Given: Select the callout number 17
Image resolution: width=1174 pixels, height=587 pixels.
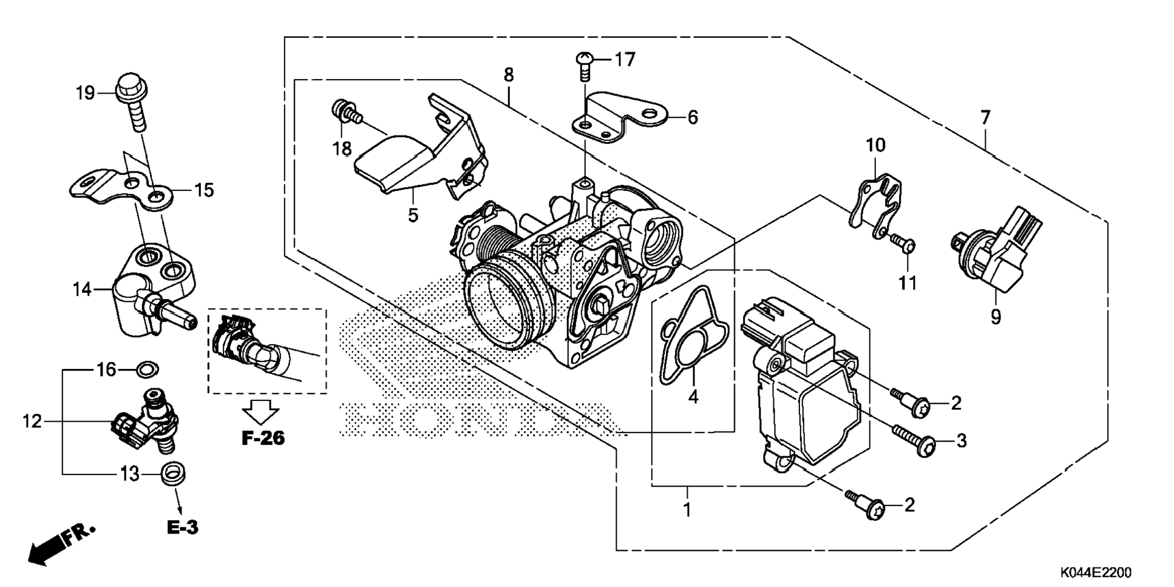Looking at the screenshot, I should point(625,60).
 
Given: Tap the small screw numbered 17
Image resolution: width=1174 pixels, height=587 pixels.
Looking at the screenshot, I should point(583,65).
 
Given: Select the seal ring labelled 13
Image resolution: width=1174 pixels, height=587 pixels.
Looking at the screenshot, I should point(174,473).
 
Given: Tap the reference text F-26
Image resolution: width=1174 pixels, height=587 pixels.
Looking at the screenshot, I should point(263,438).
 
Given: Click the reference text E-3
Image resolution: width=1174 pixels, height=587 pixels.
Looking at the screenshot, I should point(183,527).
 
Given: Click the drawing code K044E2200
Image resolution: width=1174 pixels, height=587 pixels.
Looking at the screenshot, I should point(1096,572).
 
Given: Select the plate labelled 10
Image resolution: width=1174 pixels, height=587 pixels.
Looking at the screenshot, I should point(874,207).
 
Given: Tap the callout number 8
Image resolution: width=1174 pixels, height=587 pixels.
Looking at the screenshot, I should point(509,75).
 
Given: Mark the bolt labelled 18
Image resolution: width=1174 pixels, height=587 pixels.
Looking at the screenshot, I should point(345,112).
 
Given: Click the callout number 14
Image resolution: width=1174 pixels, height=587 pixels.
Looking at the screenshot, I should point(82,289).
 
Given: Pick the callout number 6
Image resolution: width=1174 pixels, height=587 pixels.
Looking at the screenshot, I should point(692,117).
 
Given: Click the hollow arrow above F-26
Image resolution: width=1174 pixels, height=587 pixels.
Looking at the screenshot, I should point(261,411).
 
